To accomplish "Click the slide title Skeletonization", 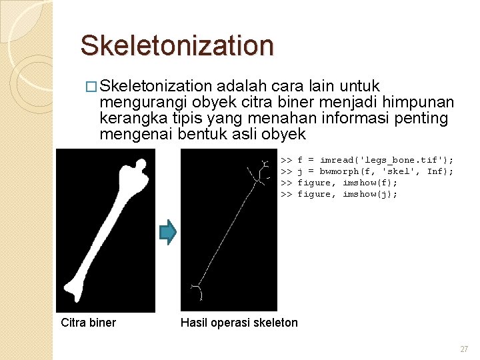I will [177, 45].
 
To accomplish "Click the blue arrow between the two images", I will [168, 231].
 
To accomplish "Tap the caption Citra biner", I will [88, 323].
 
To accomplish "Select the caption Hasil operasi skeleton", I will [239, 323].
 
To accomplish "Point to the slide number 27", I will [464, 349].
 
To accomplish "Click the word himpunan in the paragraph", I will [420, 102].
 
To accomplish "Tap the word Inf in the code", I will [435, 171].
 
